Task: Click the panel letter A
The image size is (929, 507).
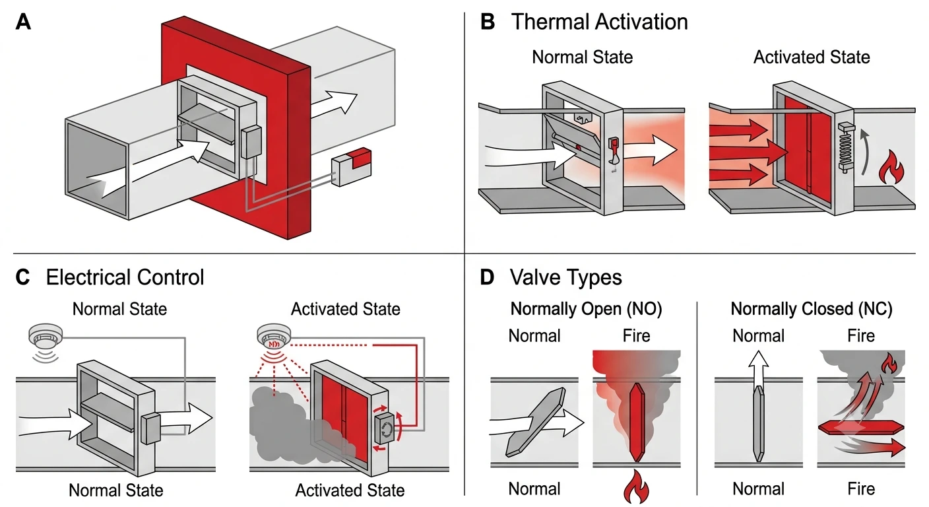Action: [23, 22]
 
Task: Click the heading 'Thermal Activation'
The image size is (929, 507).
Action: [599, 22]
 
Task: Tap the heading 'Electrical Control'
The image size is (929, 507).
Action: [125, 277]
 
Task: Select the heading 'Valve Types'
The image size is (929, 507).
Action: [565, 277]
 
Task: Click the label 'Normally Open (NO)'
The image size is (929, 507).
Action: [586, 309]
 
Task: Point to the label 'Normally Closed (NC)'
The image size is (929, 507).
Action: [811, 309]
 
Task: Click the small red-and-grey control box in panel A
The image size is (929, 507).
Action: [352, 167]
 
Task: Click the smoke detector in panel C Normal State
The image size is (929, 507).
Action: [46, 337]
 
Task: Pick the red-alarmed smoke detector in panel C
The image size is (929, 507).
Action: [274, 336]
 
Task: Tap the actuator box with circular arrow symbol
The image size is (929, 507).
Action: [385, 429]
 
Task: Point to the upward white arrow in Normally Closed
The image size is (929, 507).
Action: [759, 369]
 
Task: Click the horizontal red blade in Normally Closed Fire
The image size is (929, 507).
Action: [861, 427]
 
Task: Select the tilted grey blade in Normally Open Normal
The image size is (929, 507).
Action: [535, 422]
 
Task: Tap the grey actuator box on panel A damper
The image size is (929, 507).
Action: [251, 142]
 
